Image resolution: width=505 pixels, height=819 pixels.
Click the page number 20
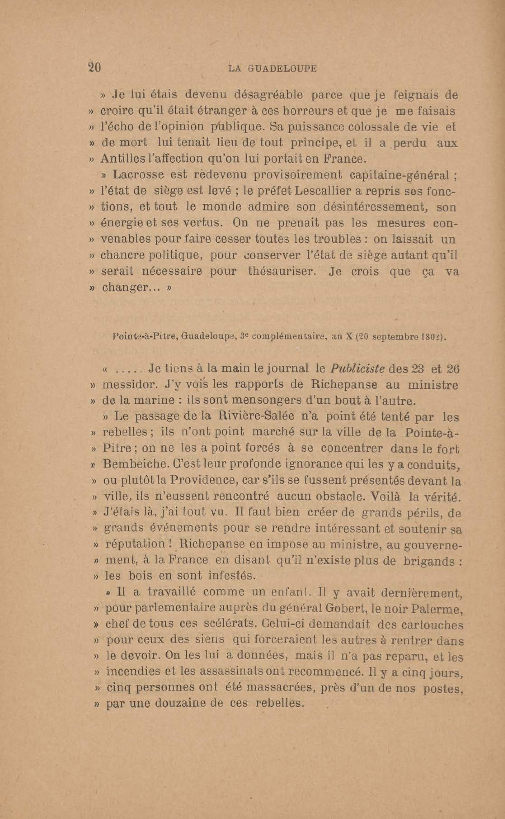point(94,68)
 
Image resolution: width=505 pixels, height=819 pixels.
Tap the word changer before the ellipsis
point(126,287)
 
